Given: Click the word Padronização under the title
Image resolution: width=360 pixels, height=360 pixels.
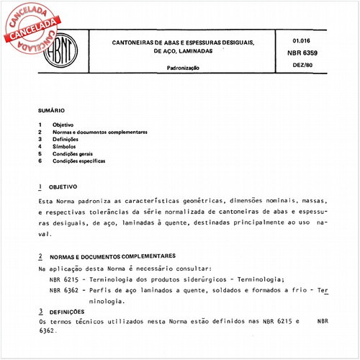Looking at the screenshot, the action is click(183, 68).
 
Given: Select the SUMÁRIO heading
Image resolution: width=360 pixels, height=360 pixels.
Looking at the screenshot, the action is click(52, 112).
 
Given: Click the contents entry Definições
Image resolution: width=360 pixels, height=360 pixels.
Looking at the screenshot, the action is click(68, 140).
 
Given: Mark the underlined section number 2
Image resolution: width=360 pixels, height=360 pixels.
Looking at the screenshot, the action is click(41, 256).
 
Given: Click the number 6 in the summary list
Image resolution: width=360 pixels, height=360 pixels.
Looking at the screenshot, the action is click(41, 161).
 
